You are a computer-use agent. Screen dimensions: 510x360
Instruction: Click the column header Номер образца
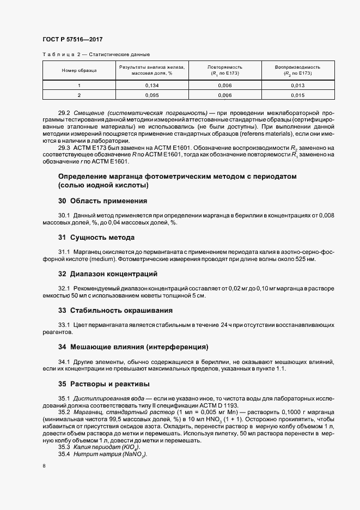79,70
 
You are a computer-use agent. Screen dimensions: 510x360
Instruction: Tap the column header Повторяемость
224,67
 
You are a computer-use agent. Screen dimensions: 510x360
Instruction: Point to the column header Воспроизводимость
297,67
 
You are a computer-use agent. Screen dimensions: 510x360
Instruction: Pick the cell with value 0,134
152,86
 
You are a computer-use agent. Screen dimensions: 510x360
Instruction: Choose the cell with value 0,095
152,95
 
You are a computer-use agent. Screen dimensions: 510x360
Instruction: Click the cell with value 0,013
297,86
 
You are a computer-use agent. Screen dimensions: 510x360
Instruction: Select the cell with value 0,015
297,95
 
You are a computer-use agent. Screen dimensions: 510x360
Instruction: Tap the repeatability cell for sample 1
224,86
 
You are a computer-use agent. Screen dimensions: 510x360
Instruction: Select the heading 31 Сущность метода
96,237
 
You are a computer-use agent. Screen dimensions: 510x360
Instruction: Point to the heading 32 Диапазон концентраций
108,274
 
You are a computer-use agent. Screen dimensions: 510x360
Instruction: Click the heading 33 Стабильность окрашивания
115,310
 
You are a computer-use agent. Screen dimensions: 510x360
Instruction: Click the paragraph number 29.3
64,148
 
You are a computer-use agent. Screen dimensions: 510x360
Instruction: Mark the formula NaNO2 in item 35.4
134,454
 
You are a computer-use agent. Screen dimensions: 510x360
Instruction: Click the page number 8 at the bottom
43,466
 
